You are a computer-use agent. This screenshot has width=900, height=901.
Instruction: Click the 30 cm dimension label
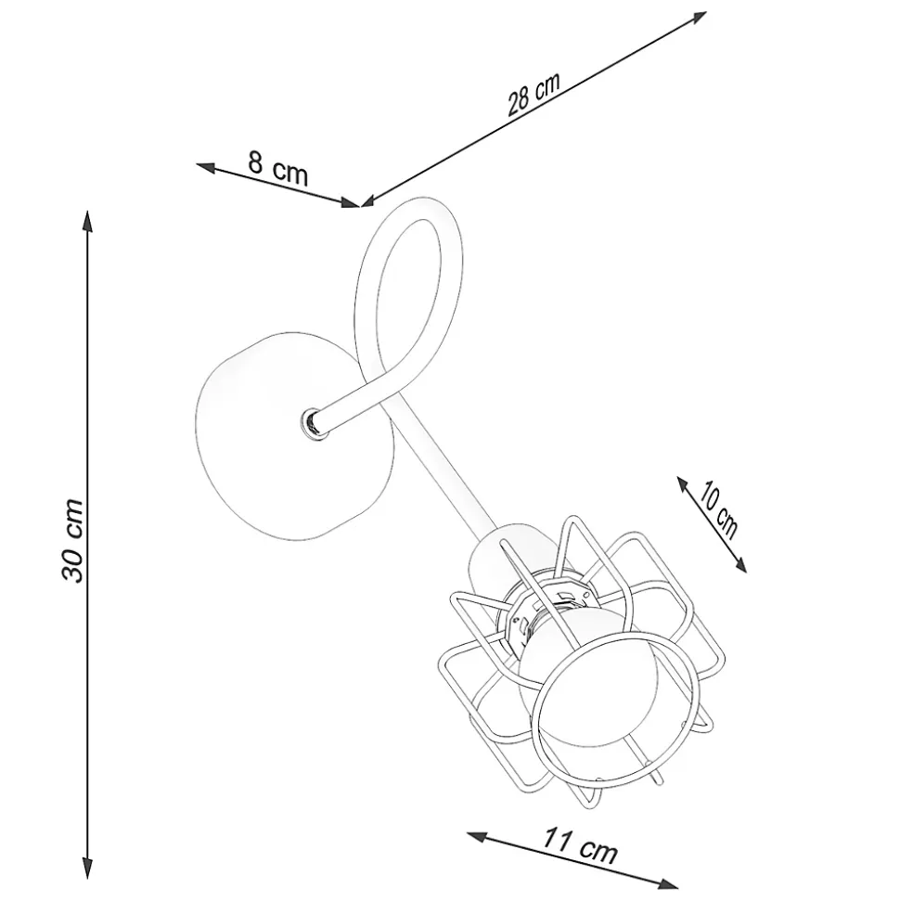point(73,541)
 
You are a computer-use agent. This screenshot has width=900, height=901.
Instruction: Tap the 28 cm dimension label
point(534,95)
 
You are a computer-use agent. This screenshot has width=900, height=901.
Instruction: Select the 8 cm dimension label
point(278,168)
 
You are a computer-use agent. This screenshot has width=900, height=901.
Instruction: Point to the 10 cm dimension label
point(716,511)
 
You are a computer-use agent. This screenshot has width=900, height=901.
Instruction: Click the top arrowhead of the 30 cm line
point(87,221)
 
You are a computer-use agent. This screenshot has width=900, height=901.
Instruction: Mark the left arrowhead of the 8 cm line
point(206,167)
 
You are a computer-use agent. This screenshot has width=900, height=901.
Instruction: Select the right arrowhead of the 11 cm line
point(668,882)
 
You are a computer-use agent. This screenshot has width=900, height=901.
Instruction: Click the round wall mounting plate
point(295,435)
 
